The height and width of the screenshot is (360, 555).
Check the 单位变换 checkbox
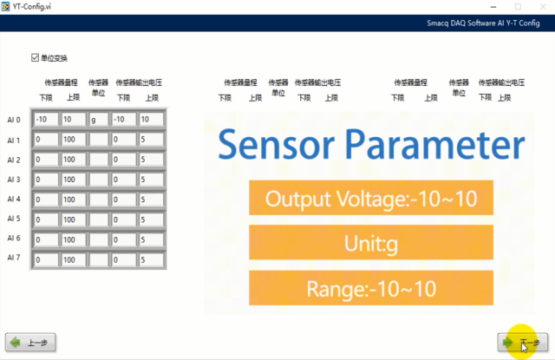point(36,58)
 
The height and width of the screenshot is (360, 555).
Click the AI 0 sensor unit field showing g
point(98,120)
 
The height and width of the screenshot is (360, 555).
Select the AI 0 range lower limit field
point(44,120)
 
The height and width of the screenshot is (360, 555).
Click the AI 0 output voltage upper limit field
point(150,120)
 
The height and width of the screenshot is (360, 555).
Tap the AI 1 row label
point(14,140)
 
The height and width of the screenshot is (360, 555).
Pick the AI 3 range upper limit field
point(72,180)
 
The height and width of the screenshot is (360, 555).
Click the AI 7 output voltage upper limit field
point(150,259)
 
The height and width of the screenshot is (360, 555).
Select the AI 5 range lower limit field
point(44,219)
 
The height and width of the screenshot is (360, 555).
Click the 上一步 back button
point(31,343)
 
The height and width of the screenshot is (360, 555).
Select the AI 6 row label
point(14,239)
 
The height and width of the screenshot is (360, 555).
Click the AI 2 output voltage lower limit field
point(122,160)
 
